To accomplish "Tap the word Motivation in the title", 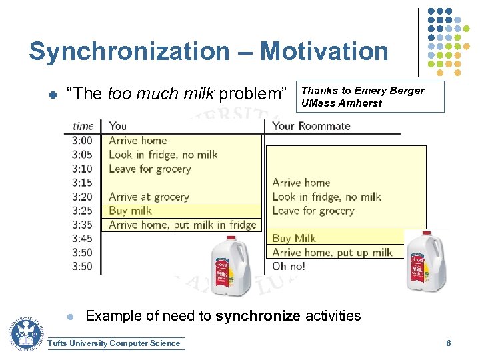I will pyautogui.click(x=324, y=51).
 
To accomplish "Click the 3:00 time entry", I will pyautogui.click(x=82, y=141).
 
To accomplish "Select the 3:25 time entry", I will pyautogui.click(x=82, y=211).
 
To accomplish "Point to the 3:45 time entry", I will pyautogui.click(x=82, y=239).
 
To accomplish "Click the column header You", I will pyautogui.click(x=117, y=125).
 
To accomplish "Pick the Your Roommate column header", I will pyautogui.click(x=311, y=125).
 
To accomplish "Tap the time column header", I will pyautogui.click(x=83, y=125).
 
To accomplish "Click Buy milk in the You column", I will pyautogui.click(x=130, y=211).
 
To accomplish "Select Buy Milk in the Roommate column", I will pyautogui.click(x=293, y=238).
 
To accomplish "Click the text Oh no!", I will pyautogui.click(x=288, y=266).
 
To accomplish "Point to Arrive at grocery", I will pyautogui.click(x=149, y=197).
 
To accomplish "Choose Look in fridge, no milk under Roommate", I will pyautogui.click(x=326, y=197).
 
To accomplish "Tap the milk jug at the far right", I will pyautogui.click(x=425, y=260).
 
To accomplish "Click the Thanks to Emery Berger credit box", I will pyautogui.click(x=371, y=97).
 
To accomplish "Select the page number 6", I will pyautogui.click(x=449, y=343).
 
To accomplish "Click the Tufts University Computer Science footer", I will pyautogui.click(x=115, y=343).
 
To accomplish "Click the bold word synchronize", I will pyautogui.click(x=258, y=315).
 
